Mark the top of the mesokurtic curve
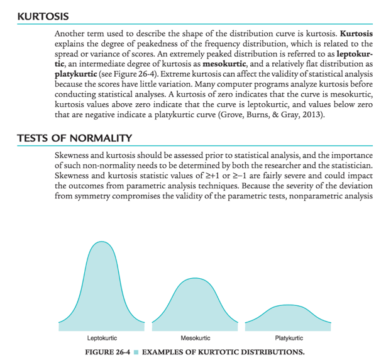pyautogui.click(x=194, y=281)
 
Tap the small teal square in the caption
pyautogui.click(x=136, y=351)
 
